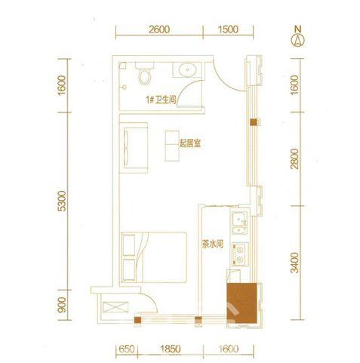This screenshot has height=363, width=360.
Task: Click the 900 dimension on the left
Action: click(63, 306)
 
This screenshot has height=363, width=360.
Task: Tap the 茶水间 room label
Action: click(211, 244)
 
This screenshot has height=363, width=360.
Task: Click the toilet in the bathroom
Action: click(146, 75)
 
